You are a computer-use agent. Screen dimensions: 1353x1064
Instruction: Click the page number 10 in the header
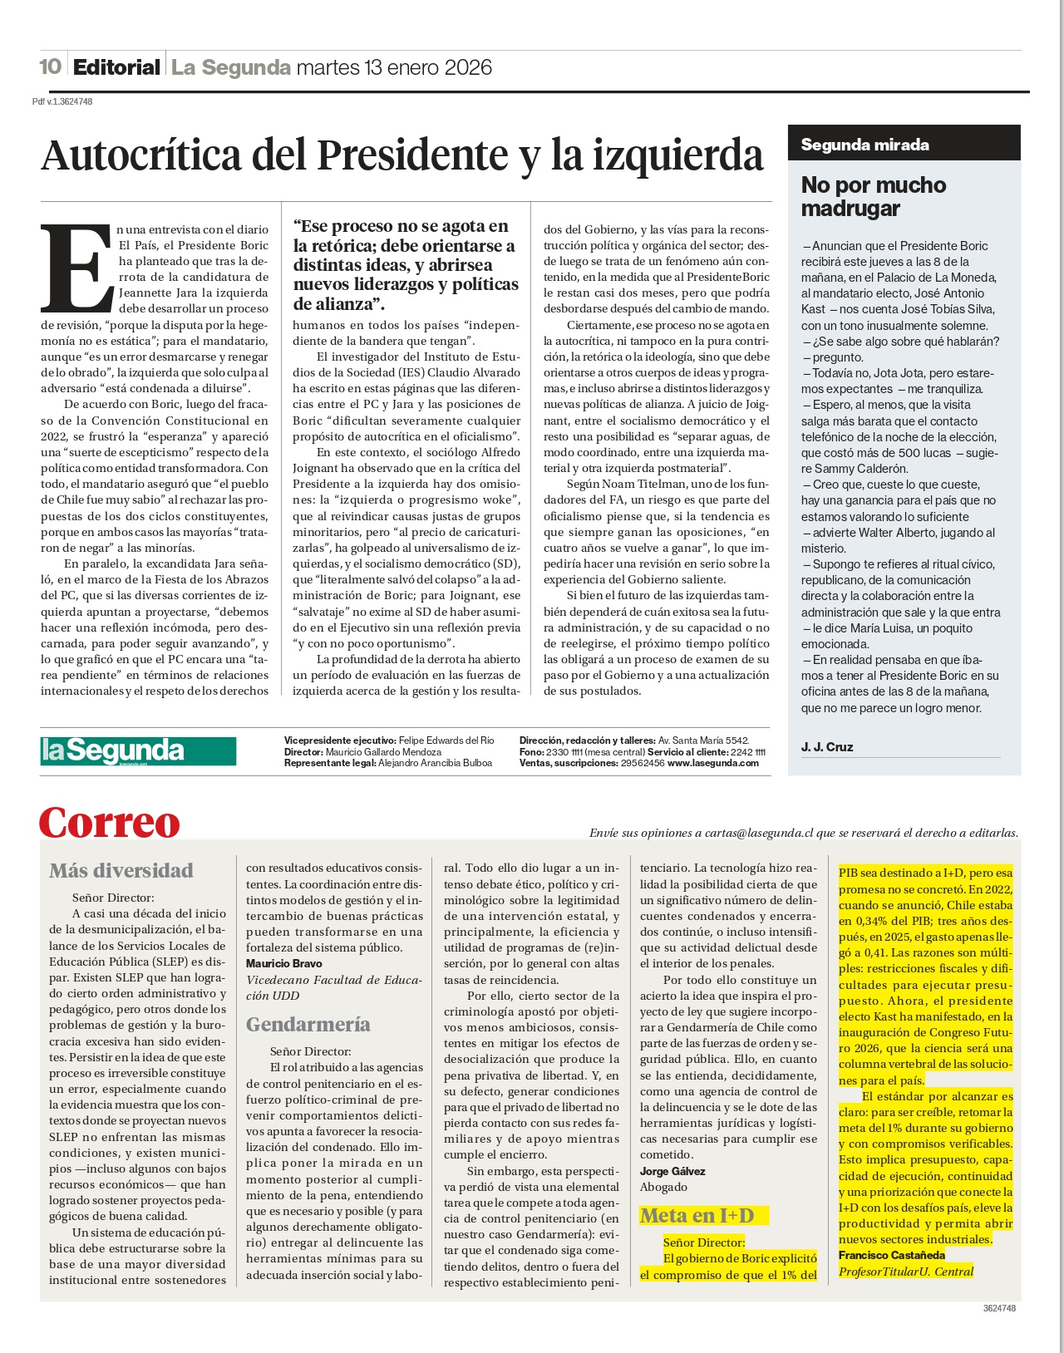50,66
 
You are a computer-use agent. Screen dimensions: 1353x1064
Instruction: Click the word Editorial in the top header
116,67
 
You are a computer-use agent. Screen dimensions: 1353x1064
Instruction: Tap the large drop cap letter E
76,266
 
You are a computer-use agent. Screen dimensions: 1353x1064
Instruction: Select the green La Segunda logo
138,751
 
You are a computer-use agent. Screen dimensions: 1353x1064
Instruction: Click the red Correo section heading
110,823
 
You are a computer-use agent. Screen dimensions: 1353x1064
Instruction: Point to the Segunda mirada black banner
903,144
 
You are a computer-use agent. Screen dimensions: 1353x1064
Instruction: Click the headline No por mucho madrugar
873,196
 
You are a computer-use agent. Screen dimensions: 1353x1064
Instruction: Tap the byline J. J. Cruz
826,746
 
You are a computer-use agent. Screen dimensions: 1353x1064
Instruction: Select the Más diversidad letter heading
121,870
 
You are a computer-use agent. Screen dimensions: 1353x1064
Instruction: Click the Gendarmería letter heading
308,1024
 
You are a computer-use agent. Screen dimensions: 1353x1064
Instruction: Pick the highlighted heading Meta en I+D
697,1216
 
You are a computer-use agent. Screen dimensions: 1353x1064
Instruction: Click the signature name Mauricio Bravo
283,963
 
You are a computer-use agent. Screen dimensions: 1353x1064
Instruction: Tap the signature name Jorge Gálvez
672,1171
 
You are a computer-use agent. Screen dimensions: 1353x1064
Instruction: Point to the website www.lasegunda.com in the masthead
712,763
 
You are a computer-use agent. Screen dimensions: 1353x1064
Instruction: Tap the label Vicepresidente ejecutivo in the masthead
340,740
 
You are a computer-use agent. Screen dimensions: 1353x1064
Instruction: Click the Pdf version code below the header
62,101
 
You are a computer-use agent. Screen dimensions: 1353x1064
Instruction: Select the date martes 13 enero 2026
394,67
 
